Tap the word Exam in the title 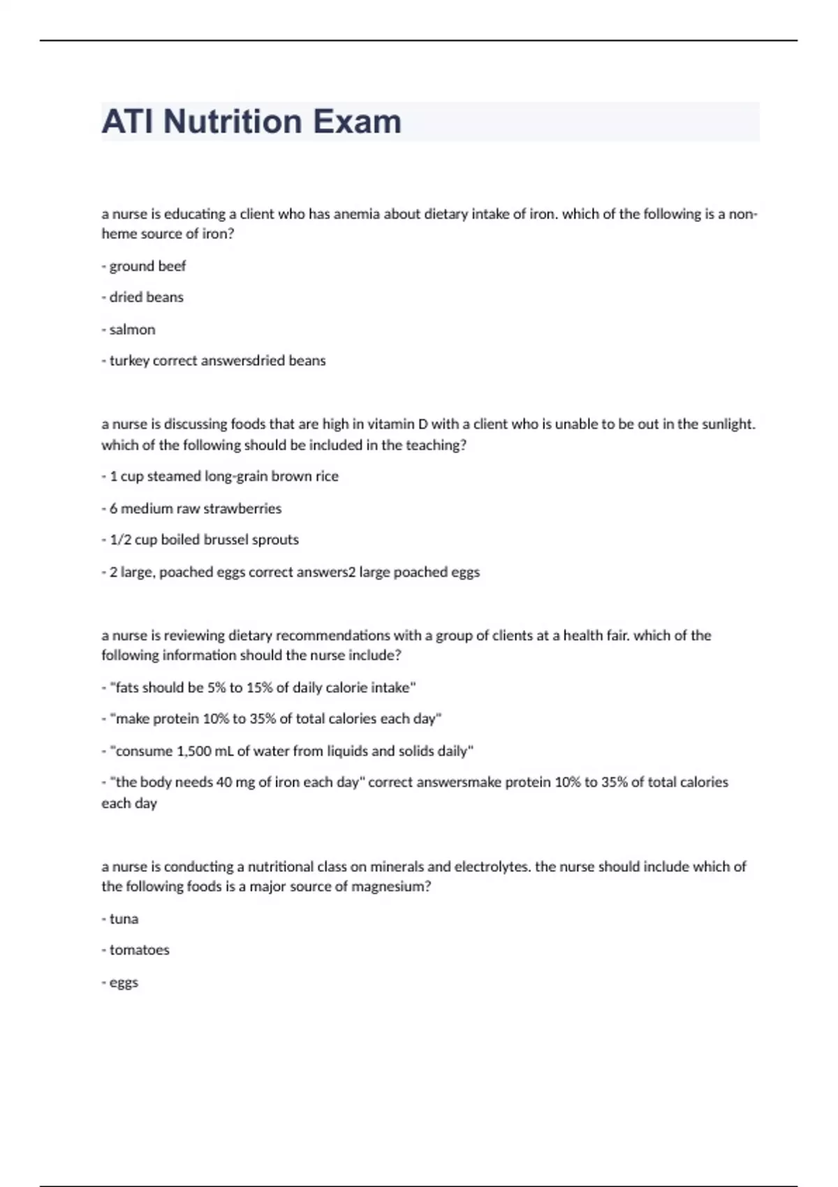[x=357, y=121]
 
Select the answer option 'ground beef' [x=147, y=266]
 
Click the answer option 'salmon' [x=132, y=330]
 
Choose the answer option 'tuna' [x=124, y=919]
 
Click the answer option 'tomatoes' [x=139, y=950]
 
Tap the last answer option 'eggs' [x=124, y=982]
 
